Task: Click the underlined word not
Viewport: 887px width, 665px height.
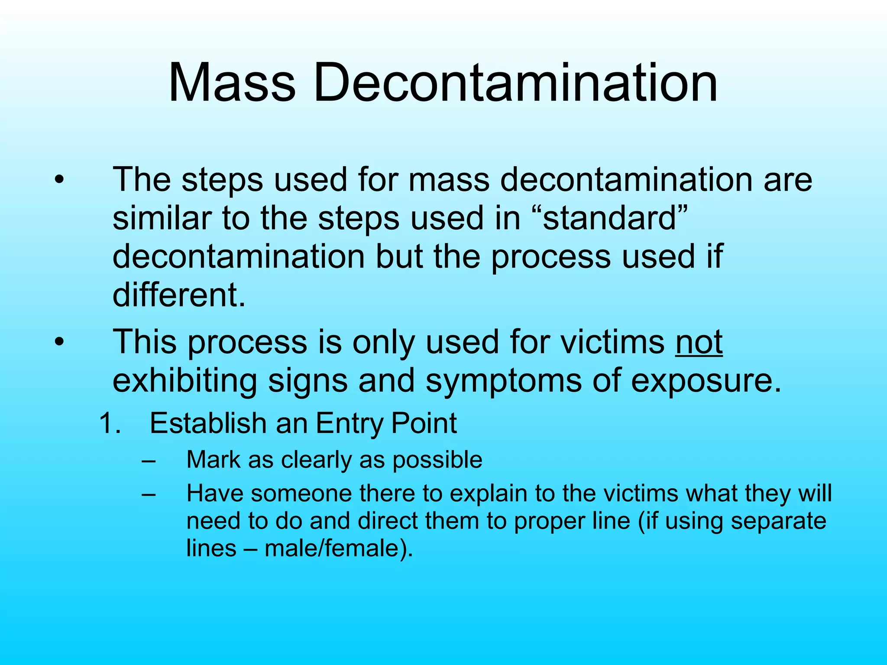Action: (x=699, y=342)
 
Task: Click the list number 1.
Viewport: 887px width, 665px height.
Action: (x=108, y=423)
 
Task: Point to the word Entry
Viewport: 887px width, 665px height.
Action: (x=349, y=423)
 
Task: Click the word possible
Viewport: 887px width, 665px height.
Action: (x=437, y=460)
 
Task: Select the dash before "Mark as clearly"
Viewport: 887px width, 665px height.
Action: (x=148, y=460)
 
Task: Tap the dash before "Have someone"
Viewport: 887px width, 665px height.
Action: (x=148, y=494)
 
